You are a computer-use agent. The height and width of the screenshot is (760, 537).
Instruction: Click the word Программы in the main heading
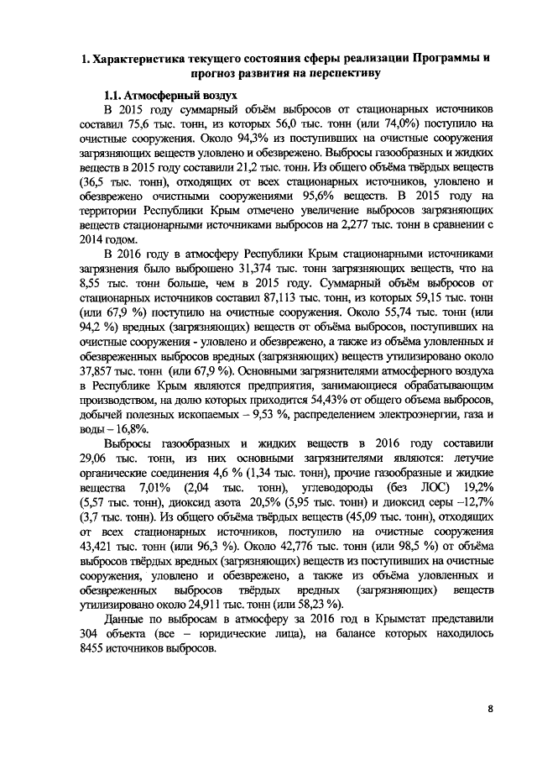[x=439, y=60]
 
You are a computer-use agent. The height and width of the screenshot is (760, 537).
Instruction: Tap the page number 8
[x=490, y=709]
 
